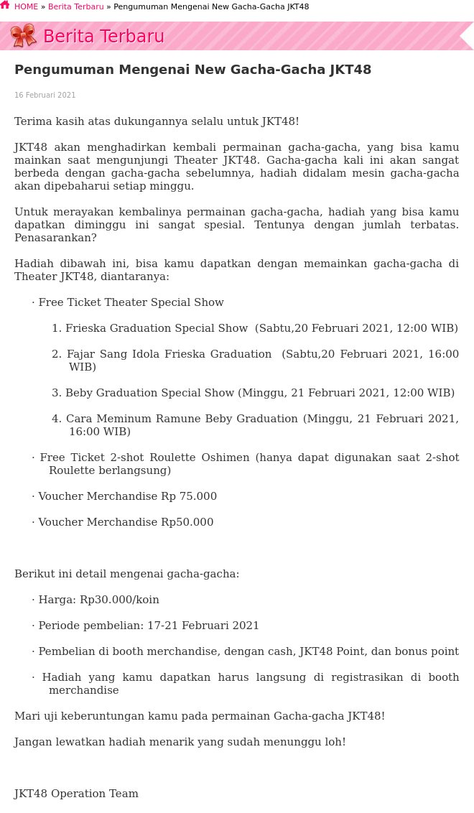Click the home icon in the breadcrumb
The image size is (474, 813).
click(5, 6)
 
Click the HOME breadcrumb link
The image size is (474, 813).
click(26, 7)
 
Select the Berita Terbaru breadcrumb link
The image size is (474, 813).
click(75, 7)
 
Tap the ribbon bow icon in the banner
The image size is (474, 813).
click(24, 35)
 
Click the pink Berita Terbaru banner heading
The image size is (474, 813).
click(103, 37)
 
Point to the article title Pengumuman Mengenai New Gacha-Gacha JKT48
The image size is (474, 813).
click(192, 70)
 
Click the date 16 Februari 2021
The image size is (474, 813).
click(45, 96)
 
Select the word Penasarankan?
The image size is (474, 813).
click(55, 238)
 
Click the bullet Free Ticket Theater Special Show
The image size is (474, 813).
click(131, 302)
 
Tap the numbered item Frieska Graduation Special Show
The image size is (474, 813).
click(157, 328)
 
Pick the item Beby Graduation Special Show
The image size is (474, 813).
click(149, 393)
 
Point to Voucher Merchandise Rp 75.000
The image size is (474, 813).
click(127, 496)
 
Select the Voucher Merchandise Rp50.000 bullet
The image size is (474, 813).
click(126, 522)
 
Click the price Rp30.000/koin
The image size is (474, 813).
click(119, 600)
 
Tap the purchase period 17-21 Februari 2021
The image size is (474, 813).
click(203, 626)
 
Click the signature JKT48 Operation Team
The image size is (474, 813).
click(76, 794)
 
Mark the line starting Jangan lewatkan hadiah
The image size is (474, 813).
click(180, 742)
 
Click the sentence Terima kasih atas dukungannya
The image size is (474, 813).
click(157, 121)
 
